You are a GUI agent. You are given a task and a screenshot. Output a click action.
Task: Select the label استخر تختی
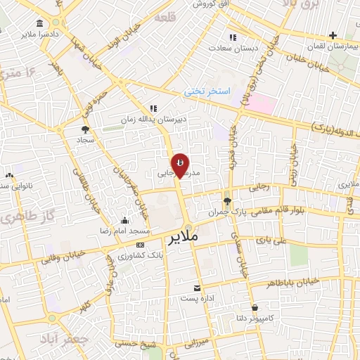point(203,91)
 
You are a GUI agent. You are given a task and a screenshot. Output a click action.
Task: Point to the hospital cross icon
point(333,35)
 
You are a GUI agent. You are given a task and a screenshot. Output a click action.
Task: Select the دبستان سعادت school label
point(233,48)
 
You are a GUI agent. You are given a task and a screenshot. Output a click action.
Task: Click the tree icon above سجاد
point(86,129)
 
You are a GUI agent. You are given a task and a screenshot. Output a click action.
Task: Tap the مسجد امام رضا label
point(125,231)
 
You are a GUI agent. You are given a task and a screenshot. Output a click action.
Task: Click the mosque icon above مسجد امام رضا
point(125,220)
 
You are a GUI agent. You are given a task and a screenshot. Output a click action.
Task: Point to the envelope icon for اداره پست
point(198,288)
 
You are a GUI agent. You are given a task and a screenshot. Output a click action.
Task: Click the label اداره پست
point(198,298)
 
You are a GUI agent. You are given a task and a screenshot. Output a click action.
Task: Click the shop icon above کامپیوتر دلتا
point(254,307)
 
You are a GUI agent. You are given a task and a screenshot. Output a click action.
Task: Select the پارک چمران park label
point(224,211)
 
